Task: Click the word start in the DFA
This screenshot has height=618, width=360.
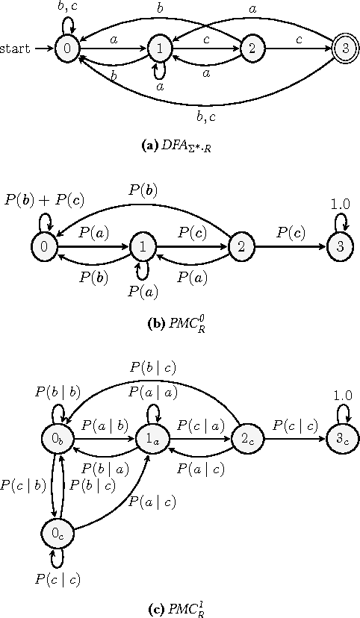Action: (16, 49)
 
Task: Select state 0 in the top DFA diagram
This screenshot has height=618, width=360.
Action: (66, 49)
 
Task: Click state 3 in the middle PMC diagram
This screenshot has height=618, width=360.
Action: (340, 246)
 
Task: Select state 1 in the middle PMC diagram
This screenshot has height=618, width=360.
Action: (142, 246)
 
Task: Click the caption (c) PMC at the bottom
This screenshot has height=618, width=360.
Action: (179, 607)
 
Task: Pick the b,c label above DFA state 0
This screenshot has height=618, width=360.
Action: (66, 7)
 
